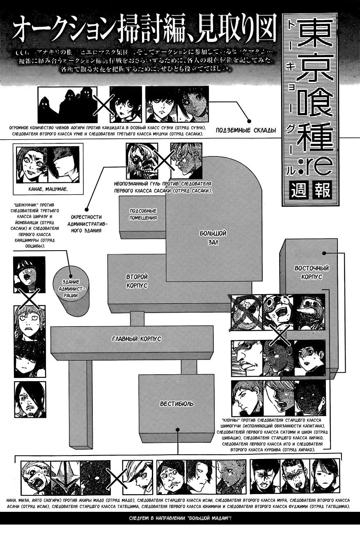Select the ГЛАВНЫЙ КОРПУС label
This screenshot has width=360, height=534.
136,339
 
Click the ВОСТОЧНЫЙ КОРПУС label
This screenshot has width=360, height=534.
312,272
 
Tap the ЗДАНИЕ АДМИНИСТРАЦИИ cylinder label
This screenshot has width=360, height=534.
71,288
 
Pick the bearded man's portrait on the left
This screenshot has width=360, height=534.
29,398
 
